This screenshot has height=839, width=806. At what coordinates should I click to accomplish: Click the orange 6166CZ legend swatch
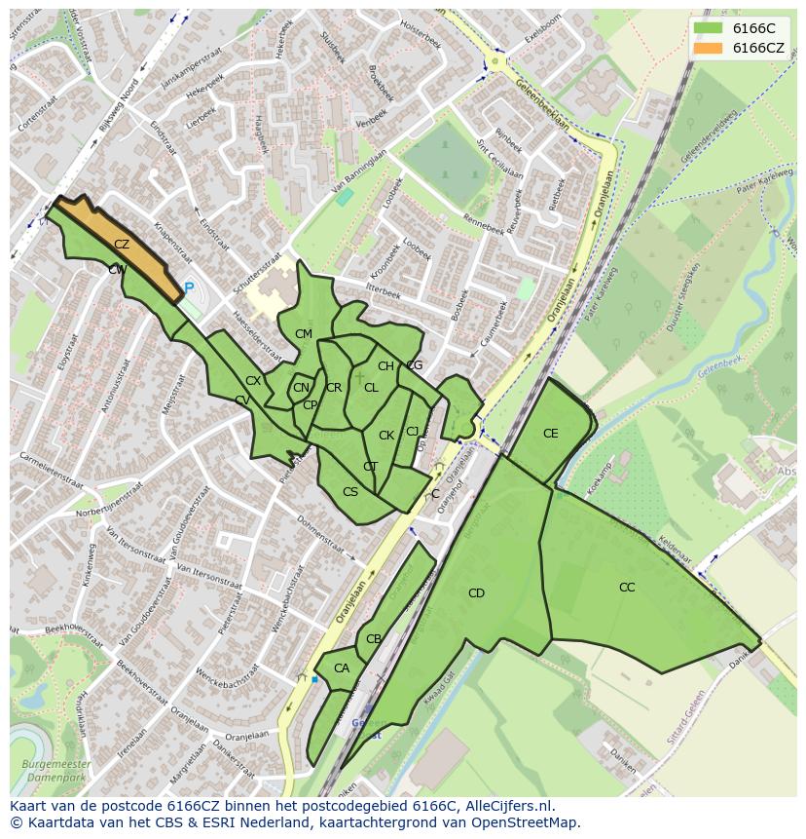point(709,48)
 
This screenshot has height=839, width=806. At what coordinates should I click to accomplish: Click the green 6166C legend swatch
point(709,28)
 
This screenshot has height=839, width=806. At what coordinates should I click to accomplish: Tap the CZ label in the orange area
point(122,245)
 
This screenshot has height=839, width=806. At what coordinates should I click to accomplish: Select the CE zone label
point(551,434)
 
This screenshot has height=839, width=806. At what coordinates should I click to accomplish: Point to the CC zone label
point(627,588)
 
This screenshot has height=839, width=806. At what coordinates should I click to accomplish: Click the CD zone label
point(476,593)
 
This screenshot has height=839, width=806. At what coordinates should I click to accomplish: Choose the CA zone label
point(342,668)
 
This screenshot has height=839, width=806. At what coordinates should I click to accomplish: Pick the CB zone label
point(374,640)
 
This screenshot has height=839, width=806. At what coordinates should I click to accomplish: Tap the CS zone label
point(350,492)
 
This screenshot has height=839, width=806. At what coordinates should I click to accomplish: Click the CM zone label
point(304,334)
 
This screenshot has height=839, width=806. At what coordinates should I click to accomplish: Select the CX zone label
point(253,381)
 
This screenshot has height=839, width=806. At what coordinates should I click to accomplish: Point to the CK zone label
point(386,436)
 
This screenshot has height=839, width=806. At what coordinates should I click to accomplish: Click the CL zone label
point(371,388)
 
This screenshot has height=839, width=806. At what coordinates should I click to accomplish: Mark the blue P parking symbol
point(189,288)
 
